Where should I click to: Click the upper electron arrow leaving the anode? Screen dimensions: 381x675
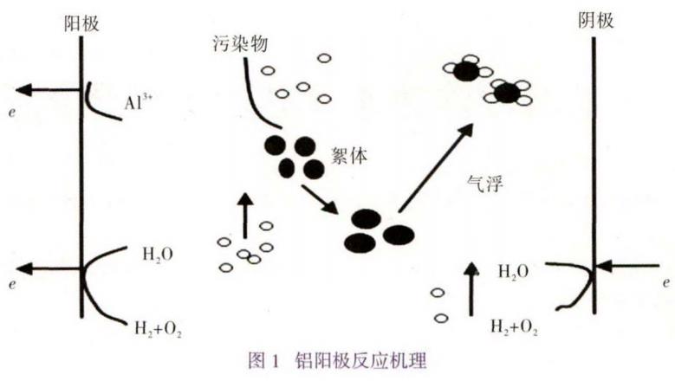tap(48, 89)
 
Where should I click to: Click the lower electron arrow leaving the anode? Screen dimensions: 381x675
tap(48, 268)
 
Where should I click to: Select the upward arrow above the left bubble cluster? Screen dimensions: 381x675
tap(245, 216)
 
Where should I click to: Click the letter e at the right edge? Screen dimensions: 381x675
tap(665, 283)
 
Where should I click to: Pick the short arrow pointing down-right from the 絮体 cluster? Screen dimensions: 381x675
tap(320, 198)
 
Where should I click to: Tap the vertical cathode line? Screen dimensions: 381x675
tap(594, 173)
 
